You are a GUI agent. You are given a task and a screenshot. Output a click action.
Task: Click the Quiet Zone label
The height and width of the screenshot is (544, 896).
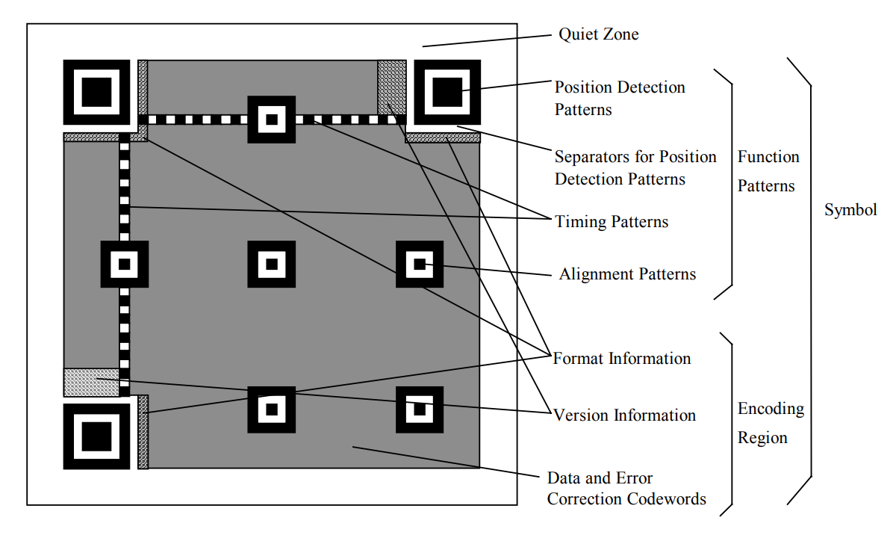tap(599, 34)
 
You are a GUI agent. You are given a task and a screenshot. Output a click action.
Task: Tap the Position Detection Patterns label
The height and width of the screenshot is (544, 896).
tap(619, 98)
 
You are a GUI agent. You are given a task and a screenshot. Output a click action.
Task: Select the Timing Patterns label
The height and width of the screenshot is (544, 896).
tap(612, 222)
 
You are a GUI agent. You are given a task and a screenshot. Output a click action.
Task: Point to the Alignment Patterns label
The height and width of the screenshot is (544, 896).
tap(627, 274)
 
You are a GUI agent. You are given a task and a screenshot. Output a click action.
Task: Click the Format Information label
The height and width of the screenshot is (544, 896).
tap(622, 359)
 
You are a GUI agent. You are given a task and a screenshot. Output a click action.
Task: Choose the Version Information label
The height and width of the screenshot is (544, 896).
tap(624, 415)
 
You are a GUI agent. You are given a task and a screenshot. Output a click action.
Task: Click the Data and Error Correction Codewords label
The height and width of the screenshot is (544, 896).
tap(626, 488)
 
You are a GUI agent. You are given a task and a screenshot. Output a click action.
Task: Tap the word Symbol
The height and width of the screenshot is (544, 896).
tap(850, 210)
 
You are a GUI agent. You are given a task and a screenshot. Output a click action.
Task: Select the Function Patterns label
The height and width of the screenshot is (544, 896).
tap(768, 171)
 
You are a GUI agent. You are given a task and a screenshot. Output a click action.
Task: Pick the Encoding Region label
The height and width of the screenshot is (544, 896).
tap(771, 423)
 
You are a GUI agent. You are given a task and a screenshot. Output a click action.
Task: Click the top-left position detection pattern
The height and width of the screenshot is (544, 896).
tap(96, 92)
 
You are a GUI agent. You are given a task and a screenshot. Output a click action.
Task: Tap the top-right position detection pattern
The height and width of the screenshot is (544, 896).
tap(447, 92)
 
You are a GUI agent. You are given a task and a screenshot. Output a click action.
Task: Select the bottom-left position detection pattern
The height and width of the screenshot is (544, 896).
tap(96, 436)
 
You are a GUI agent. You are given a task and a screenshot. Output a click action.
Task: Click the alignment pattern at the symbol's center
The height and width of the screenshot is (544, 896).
tap(271, 264)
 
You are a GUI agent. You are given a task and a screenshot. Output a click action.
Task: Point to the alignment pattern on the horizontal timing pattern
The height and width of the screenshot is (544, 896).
tap(271, 120)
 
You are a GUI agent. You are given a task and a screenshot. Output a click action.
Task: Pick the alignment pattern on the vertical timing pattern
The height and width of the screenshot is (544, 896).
tap(125, 264)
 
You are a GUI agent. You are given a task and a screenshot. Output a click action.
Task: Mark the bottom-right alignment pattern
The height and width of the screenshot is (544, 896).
tap(419, 409)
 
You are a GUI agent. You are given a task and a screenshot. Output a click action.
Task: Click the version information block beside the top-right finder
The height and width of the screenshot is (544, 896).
tap(391, 87)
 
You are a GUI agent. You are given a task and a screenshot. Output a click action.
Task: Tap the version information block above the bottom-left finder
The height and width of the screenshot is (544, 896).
tap(91, 382)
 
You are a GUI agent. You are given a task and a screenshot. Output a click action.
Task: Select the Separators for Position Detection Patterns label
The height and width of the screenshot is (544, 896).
tap(635, 168)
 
